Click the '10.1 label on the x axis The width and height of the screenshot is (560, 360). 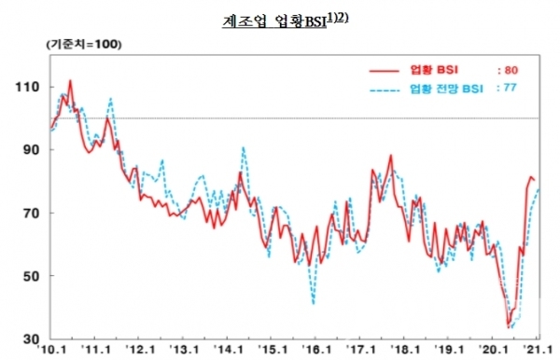[x=50, y=350]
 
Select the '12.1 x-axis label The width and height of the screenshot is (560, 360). [x=141, y=350]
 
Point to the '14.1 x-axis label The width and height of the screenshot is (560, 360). [x=231, y=350]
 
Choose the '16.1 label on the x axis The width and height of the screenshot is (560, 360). [x=320, y=350]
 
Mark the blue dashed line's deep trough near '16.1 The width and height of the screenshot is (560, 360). [x=314, y=303]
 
